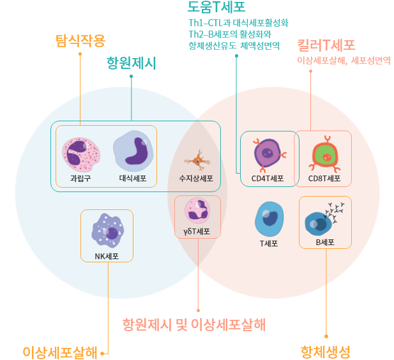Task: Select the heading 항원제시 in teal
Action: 131,64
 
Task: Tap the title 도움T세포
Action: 216,8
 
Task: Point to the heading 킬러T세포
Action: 326,45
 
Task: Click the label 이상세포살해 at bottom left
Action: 60,352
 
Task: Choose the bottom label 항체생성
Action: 326,352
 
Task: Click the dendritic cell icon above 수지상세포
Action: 197,160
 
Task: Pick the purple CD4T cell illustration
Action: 268,153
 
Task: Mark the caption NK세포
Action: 106,257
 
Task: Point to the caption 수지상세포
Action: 196,179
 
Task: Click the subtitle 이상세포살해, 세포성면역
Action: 344,61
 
